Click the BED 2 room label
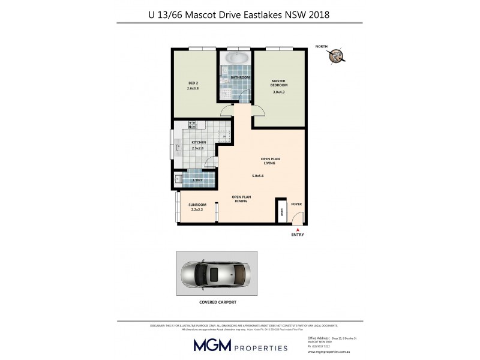click(193, 82)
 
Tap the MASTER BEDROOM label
click(279, 83)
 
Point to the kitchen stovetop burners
click(193, 125)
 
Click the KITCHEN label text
click(198, 142)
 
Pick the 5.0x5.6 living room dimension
click(257, 176)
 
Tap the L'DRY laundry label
click(197, 179)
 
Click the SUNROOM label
click(197, 205)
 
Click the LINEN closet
click(281, 212)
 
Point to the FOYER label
click(296, 205)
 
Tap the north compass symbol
click(336, 56)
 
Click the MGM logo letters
click(211, 344)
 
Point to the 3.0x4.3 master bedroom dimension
click(279, 92)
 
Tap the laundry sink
click(179, 178)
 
